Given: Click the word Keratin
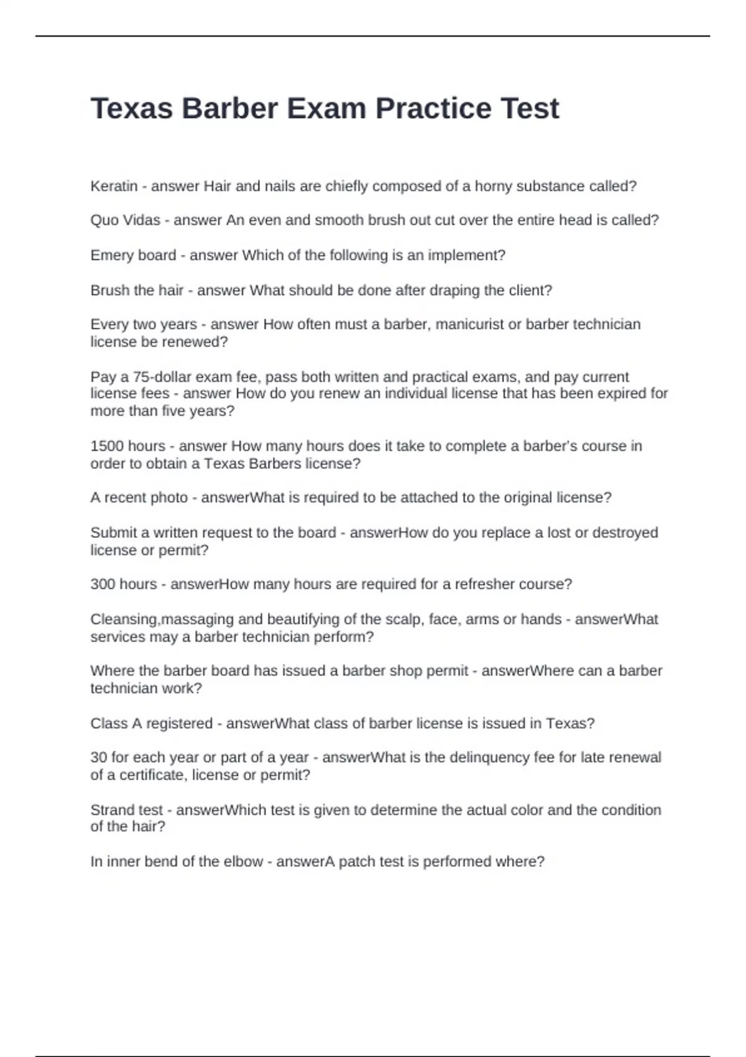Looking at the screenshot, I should (x=114, y=186).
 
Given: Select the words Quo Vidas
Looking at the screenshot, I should (x=125, y=220).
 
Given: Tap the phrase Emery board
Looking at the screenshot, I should (x=133, y=256).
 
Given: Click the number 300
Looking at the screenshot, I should (x=102, y=584).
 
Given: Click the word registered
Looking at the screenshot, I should (x=179, y=724).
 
